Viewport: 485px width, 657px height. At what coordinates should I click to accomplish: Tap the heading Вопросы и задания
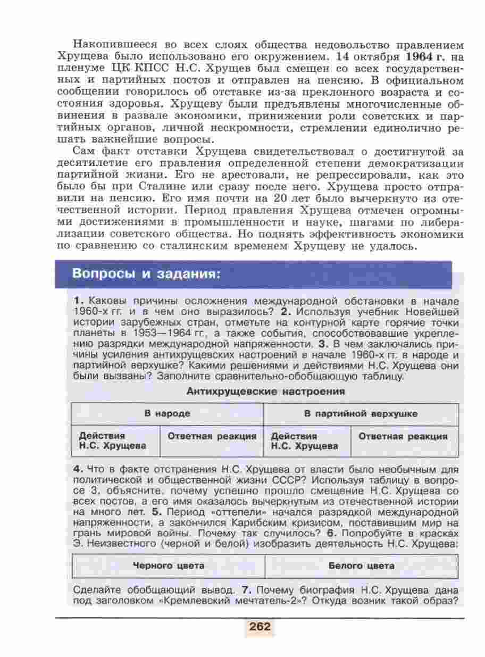146,275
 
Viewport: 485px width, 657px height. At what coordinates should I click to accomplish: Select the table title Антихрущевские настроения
265,392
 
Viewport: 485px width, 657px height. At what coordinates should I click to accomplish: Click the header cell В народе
167,413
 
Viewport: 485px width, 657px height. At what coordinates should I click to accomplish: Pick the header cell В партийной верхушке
361,413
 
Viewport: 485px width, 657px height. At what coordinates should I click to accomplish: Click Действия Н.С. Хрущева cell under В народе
113,441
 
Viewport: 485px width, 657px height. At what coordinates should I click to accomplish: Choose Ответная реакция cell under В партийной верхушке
403,437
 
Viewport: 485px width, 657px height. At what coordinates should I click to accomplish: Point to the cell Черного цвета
168,565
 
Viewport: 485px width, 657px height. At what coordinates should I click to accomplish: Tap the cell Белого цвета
361,565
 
